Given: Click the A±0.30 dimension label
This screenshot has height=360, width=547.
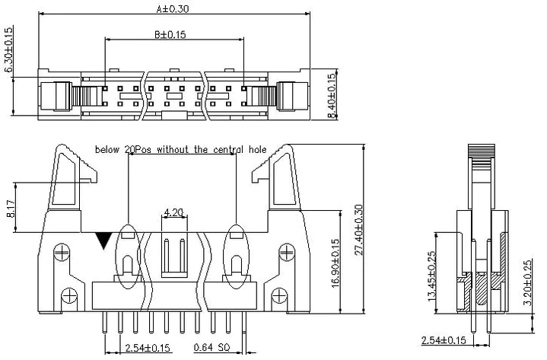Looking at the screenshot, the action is coord(173,8).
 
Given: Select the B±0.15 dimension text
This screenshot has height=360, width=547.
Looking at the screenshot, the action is coord(170,34).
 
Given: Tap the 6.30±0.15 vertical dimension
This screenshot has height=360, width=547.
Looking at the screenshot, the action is coord(8,49).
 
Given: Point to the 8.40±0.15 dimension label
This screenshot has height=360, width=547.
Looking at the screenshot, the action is coord(332,95).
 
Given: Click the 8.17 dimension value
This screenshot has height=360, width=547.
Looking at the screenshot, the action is coord(11,209).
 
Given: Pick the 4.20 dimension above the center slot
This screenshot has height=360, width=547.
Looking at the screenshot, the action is coord(173,212).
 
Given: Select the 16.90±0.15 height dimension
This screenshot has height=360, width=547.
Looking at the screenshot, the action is coord(335,263).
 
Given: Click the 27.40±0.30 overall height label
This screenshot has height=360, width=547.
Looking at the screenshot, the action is coord(358,230).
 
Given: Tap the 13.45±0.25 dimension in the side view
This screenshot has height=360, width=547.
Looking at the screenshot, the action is coord(431,276).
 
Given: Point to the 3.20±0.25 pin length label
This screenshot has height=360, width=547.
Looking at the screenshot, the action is coord(528,282).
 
